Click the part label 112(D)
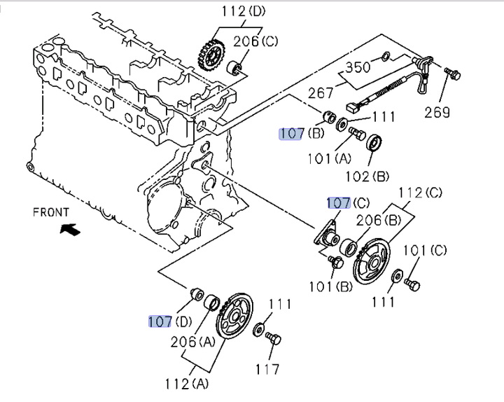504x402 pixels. [244, 11]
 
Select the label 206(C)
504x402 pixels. [255, 41]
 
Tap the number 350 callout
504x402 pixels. [358, 67]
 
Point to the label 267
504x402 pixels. [321, 93]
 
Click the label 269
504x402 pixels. [437, 112]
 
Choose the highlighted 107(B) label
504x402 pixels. [302, 133]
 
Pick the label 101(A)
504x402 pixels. [330, 158]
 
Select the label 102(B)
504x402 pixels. [367, 176]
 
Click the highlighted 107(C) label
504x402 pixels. [349, 203]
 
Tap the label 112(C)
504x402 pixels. [421, 193]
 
